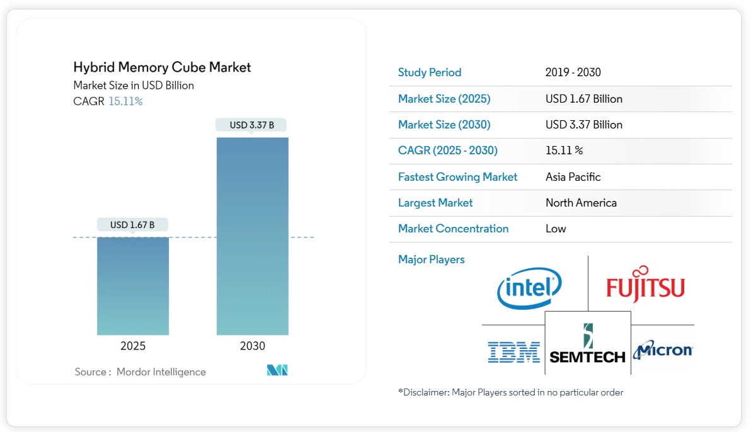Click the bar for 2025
click(133, 286)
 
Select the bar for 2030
click(253, 236)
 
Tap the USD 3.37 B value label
click(252, 125)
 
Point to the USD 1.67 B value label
click(132, 225)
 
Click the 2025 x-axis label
click(133, 346)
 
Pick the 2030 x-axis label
click(253, 346)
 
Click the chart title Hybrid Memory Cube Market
click(162, 67)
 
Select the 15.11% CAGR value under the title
click(125, 101)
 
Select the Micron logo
click(663, 350)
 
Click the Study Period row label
click(430, 72)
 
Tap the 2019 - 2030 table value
click(573, 72)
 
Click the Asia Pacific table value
click(573, 177)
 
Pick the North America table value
click(581, 203)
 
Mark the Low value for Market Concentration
click(556, 229)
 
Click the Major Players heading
click(431, 259)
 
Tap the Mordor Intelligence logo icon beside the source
click(277, 370)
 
